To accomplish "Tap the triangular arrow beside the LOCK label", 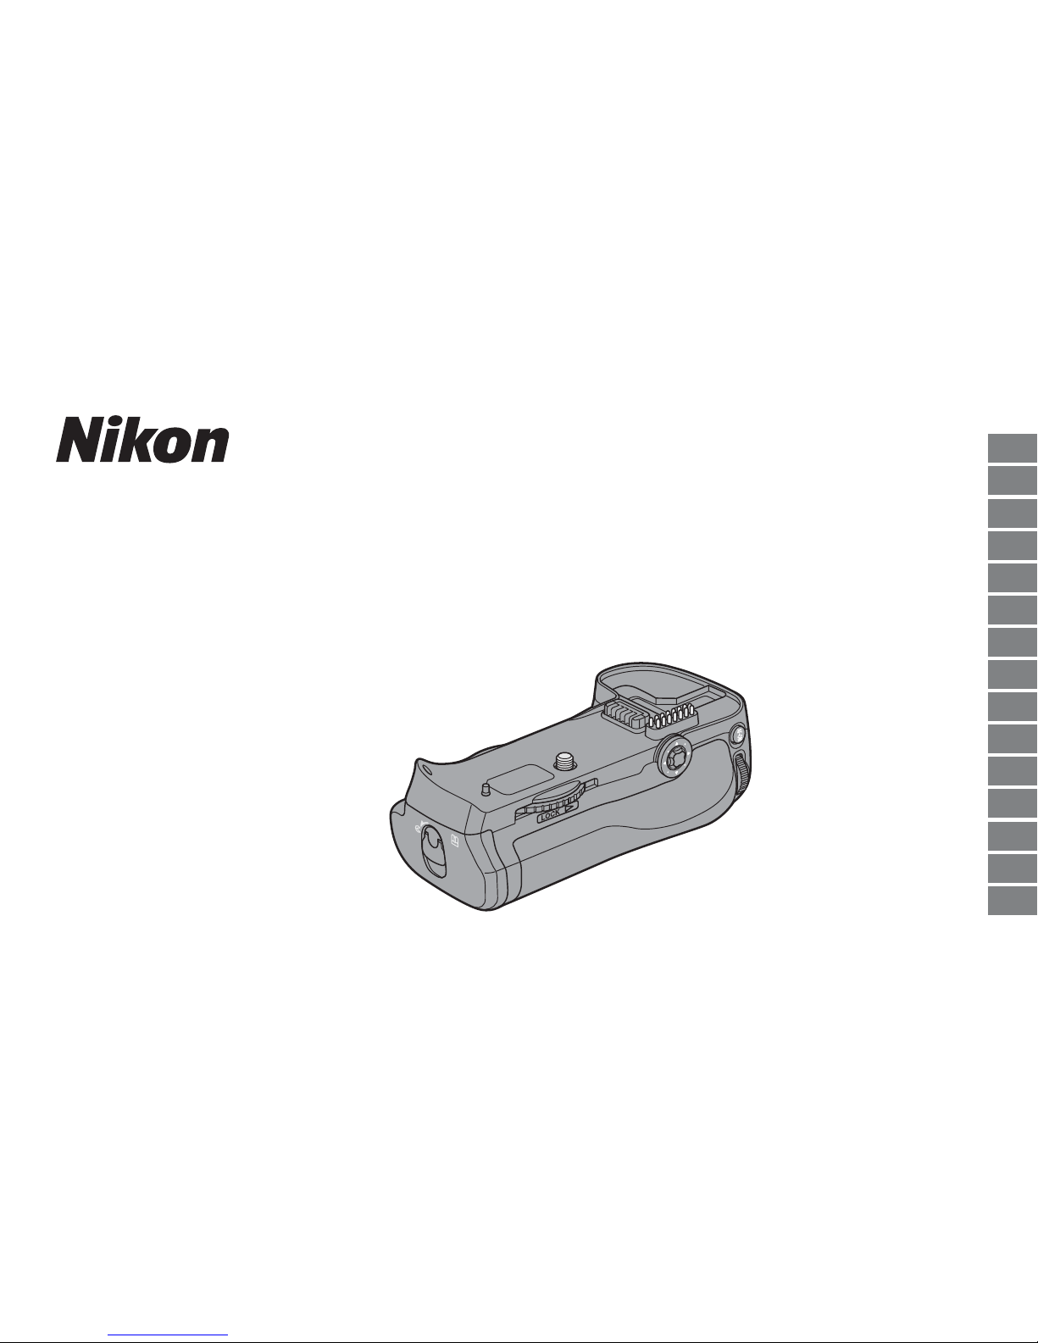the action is tap(569, 807).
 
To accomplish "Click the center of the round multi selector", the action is tap(674, 755).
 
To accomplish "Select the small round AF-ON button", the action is tap(738, 735).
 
